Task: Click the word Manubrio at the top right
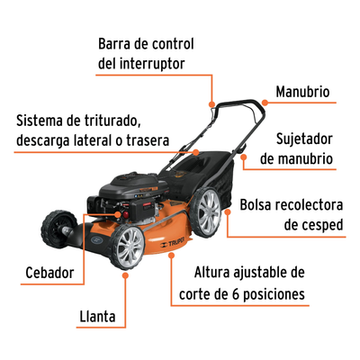point(302,92)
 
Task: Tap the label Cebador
point(49,273)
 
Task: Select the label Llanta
point(97,317)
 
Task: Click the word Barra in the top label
point(114,44)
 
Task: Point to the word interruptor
point(152,64)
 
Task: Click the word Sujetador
point(304,139)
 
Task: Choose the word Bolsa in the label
point(256,205)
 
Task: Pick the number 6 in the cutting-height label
point(236,294)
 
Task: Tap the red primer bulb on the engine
point(126,214)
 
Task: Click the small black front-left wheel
point(58,229)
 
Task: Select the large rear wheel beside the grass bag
point(206,212)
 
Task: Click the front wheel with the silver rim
point(128,247)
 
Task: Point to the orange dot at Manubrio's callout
point(265,103)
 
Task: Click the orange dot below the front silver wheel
point(126,274)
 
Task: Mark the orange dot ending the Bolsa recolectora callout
point(228,211)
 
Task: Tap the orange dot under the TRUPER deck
point(171,256)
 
